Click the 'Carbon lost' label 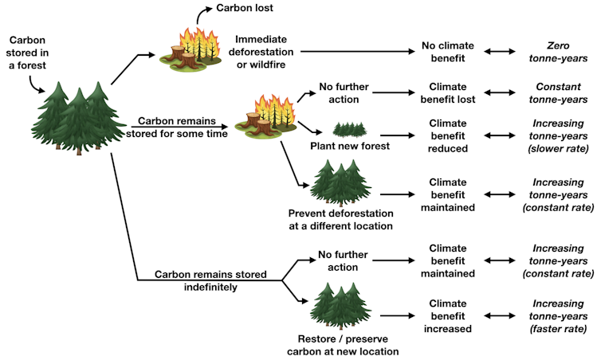click(x=247, y=9)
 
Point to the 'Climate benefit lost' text click(x=446, y=93)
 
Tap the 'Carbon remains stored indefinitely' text click(x=210, y=280)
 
